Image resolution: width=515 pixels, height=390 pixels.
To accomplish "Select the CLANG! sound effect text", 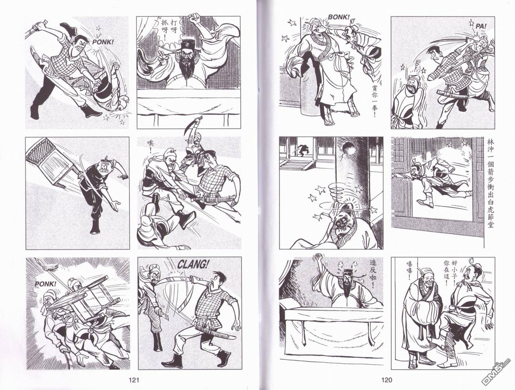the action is pyautogui.click(x=193, y=265).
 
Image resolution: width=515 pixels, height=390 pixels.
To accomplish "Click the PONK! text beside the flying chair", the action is pyautogui.click(x=45, y=284).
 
